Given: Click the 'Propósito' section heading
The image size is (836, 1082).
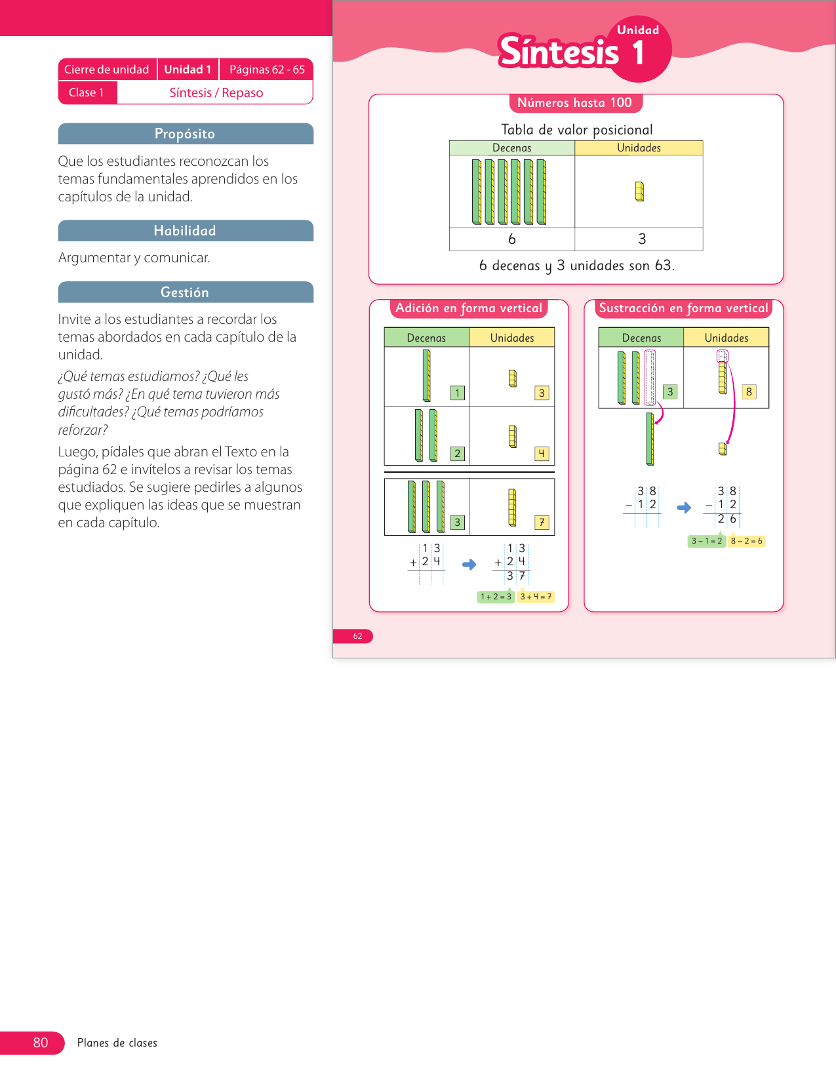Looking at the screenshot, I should click(x=185, y=134).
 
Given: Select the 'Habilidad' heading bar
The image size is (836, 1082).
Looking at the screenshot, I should click(x=185, y=231).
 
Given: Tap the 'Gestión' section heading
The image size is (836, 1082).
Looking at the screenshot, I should click(x=185, y=292).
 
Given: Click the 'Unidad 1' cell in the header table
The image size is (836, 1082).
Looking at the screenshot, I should click(x=188, y=70).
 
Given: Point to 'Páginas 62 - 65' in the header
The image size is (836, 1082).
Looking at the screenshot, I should click(x=267, y=70).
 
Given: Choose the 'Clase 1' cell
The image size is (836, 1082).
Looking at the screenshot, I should click(x=87, y=92).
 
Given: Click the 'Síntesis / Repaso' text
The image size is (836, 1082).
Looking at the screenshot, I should click(x=216, y=92).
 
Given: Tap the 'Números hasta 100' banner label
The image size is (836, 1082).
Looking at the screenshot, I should click(x=574, y=103).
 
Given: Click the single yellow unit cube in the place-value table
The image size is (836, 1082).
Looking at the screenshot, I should click(x=639, y=191).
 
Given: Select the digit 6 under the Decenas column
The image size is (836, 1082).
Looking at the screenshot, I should click(x=512, y=239).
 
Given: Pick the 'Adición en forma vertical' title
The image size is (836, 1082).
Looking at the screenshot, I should click(x=469, y=308).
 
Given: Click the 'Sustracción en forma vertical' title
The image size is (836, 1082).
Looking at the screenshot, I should click(x=683, y=308).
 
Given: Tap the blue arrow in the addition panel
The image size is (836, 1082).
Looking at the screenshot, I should click(x=469, y=564).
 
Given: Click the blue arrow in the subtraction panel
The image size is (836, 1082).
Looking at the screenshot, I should click(x=684, y=508).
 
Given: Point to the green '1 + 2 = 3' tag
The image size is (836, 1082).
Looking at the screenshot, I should click(x=496, y=597).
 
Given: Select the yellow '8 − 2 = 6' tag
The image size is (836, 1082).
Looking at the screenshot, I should click(x=747, y=541).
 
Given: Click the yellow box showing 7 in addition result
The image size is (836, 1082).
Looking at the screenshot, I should click(x=542, y=523).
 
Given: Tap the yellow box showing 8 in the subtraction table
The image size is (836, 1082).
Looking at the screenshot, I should click(x=749, y=391).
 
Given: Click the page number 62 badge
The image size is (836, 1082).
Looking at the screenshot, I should click(x=357, y=636).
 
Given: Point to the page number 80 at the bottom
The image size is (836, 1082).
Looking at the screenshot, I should click(x=41, y=1043).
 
